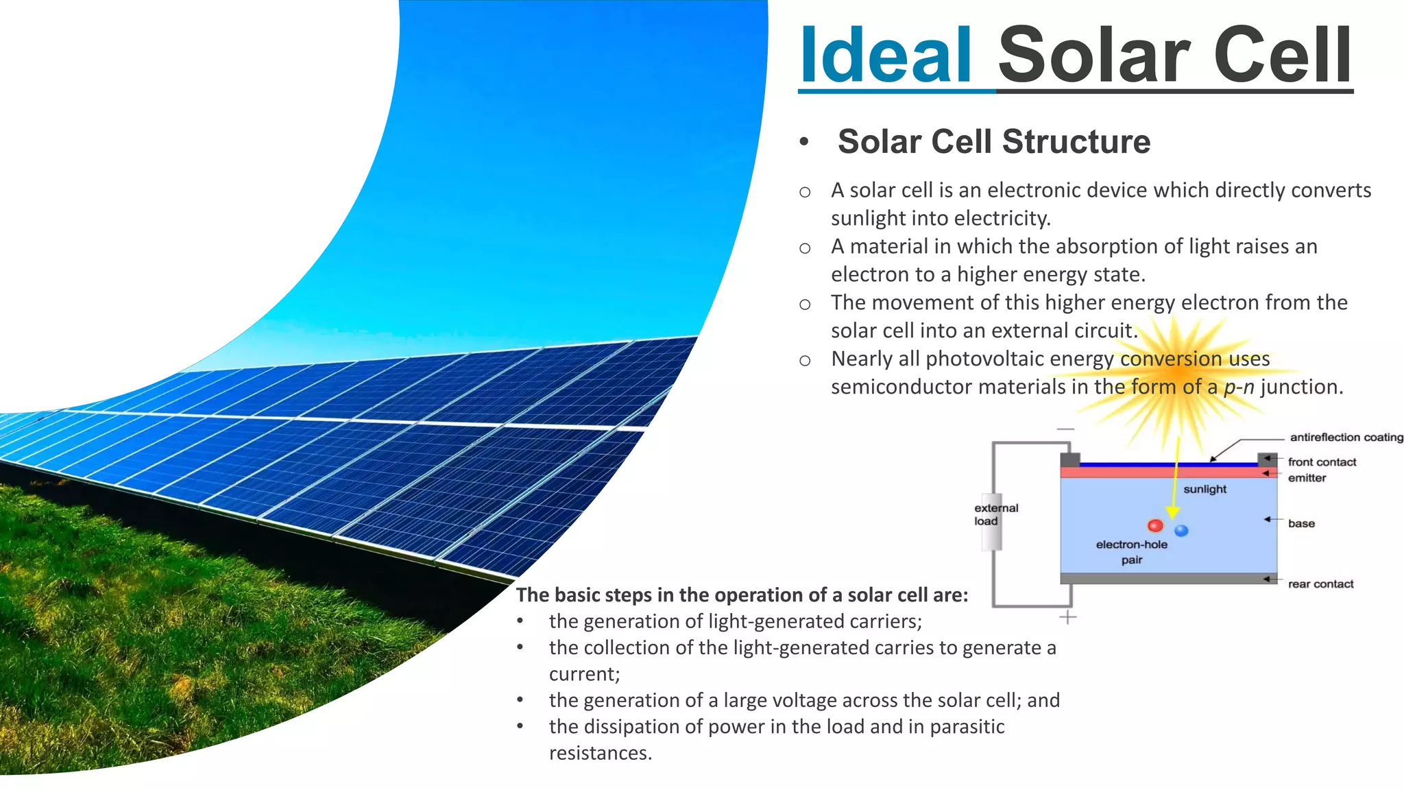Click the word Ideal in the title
tap(885, 55)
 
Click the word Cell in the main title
tap(1283, 55)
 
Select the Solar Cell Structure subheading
tap(993, 142)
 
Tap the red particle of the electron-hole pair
tap(1155, 526)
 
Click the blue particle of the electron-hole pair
tap(1181, 530)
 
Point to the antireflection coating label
tap(1346, 438)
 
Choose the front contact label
tap(1322, 462)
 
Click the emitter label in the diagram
tap(1307, 478)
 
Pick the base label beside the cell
tap(1301, 523)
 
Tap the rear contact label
tap(1320, 584)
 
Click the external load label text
tap(996, 514)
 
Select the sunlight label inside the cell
tap(1205, 489)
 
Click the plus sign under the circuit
tap(1067, 618)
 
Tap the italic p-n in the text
tap(1239, 387)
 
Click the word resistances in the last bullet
tap(600, 753)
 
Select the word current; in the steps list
tap(584, 674)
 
